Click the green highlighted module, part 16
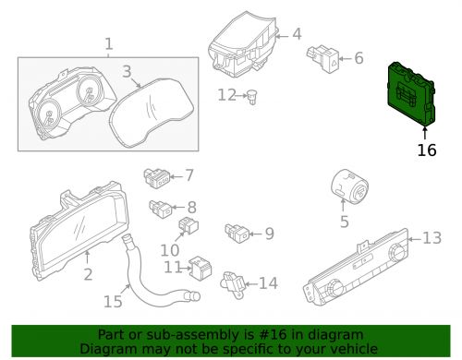point(411,94)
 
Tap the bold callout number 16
point(427,150)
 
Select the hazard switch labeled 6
point(322,58)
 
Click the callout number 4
point(297,34)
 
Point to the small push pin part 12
point(252,97)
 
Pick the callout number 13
point(432,238)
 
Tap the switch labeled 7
point(156,177)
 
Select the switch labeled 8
point(161,209)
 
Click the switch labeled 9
point(237,233)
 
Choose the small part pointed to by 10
point(188,225)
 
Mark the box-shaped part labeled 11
point(201,268)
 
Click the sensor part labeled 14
point(233,284)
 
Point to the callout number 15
point(113,302)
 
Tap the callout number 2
point(88,274)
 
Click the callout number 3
point(127,71)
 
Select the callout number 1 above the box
point(109,44)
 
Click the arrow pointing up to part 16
point(425,134)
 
